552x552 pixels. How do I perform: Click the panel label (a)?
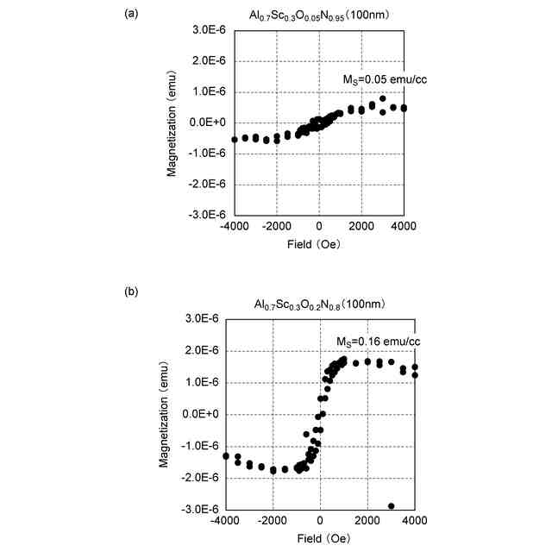(131, 13)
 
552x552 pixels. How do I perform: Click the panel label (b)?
(131, 292)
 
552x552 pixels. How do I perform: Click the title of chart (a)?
(319, 14)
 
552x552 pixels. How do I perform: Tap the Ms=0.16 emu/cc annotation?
(378, 342)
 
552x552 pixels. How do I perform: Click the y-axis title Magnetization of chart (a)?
(172, 122)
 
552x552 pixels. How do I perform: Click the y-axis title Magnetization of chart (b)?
(164, 414)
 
